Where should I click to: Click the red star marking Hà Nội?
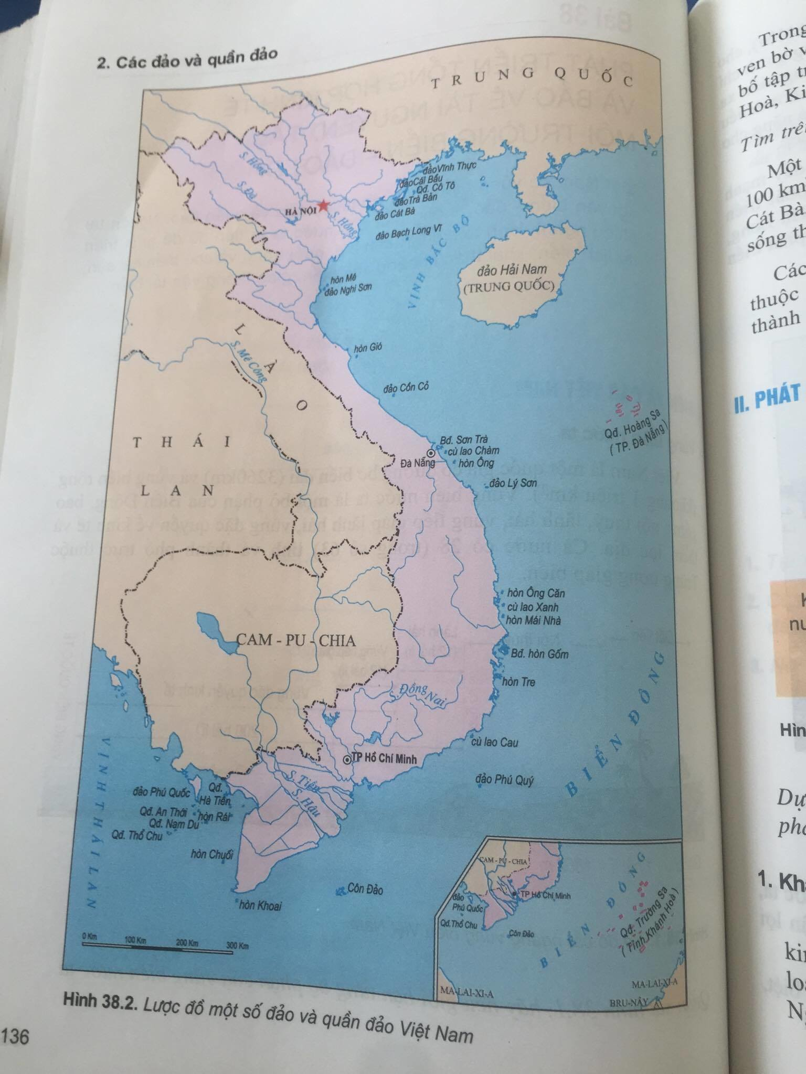tap(309, 205)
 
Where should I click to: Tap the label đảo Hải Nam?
tap(512, 271)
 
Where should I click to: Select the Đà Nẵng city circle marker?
tap(430, 453)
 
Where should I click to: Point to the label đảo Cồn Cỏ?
tap(406, 388)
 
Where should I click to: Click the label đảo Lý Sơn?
tap(513, 483)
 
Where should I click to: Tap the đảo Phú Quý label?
tap(504, 780)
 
